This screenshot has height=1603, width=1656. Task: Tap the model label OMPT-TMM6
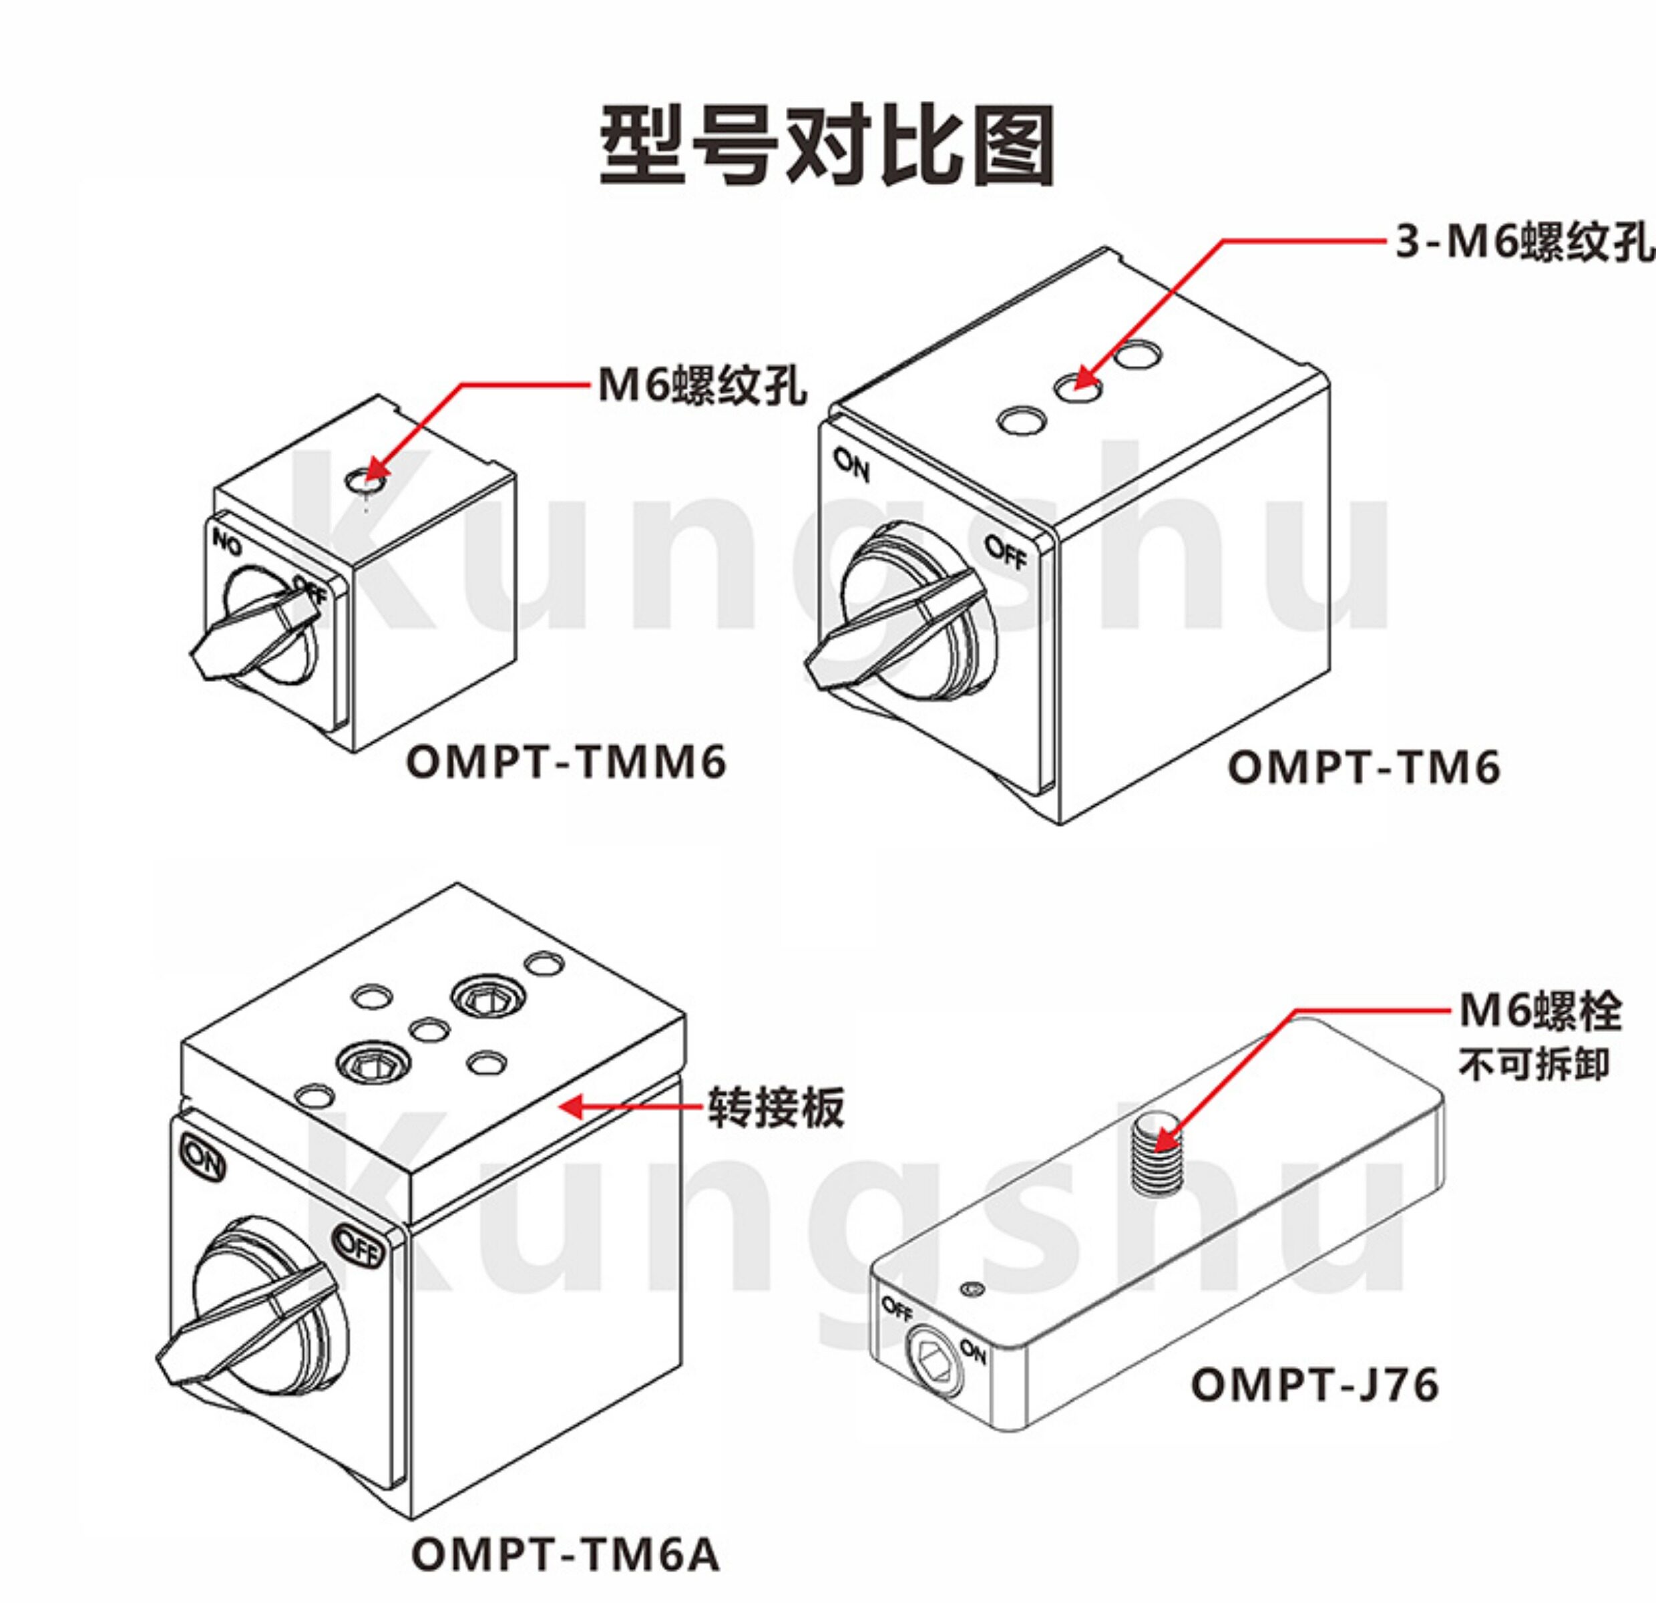(x=566, y=762)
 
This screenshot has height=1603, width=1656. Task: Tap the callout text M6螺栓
(x=1541, y=1011)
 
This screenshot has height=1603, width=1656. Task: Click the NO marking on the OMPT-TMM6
(x=226, y=543)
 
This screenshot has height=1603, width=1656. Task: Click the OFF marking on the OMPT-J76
(x=898, y=1309)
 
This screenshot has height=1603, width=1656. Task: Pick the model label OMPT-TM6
(x=1364, y=768)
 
